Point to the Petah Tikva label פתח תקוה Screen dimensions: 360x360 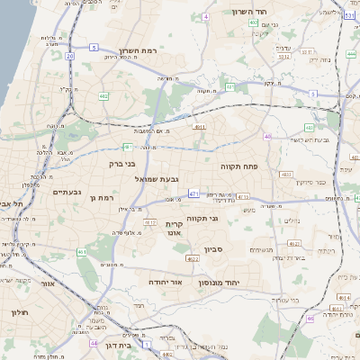239,166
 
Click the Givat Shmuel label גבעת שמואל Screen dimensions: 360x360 139,180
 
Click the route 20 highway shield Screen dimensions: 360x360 69,56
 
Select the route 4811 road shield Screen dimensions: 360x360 199,128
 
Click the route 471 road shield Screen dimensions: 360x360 194,193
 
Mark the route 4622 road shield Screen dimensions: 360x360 192,258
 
